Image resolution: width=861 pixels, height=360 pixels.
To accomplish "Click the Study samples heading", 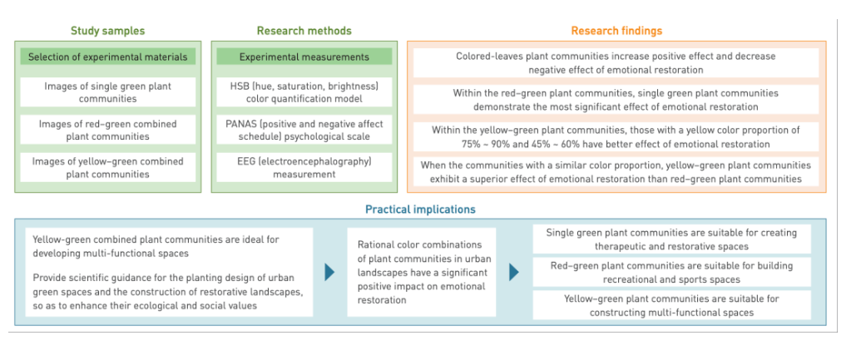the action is click(107, 31).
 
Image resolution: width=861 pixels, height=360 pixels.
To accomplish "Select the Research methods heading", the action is click(304, 31).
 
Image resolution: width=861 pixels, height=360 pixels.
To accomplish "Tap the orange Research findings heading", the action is click(616, 31).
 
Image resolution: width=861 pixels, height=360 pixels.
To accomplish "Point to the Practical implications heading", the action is click(421, 210).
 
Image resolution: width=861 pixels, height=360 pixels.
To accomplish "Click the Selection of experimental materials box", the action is click(107, 57).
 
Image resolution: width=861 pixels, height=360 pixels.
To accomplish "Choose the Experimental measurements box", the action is click(304, 57).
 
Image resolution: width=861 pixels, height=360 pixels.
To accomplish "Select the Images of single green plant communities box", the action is click(107, 92).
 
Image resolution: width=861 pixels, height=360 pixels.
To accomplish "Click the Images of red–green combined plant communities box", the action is click(107, 130).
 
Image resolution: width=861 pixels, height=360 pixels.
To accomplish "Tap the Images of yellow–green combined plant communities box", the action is click(107, 167).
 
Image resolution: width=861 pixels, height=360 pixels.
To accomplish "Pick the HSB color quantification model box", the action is click(304, 92).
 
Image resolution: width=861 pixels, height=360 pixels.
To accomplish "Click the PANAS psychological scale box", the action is click(304, 130).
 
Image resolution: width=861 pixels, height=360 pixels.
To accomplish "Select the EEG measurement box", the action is click(304, 167).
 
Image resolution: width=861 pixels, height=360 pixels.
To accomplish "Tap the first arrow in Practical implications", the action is click(330, 272).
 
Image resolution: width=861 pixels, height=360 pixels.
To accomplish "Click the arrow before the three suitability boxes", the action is click(514, 272).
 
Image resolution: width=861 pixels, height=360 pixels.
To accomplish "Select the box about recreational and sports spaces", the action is click(671, 272).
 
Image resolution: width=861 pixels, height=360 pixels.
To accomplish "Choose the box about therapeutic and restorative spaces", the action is click(671, 239).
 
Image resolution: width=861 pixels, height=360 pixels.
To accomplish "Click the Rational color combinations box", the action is click(421, 272).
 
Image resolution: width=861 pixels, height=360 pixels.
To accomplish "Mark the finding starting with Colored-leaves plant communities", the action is click(616, 62).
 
